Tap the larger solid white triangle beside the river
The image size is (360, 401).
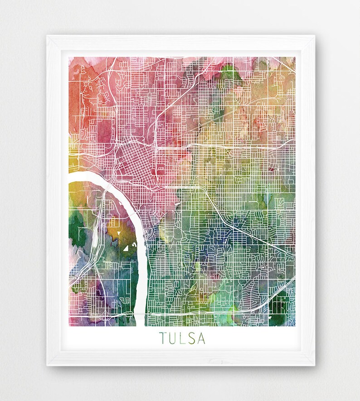(125, 248)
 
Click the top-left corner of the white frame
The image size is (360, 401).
(48, 36)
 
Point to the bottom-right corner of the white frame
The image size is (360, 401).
(314, 364)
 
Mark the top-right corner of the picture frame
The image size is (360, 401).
(314, 36)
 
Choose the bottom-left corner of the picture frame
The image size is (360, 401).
(48, 364)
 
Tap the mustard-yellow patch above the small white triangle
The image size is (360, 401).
(113, 224)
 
